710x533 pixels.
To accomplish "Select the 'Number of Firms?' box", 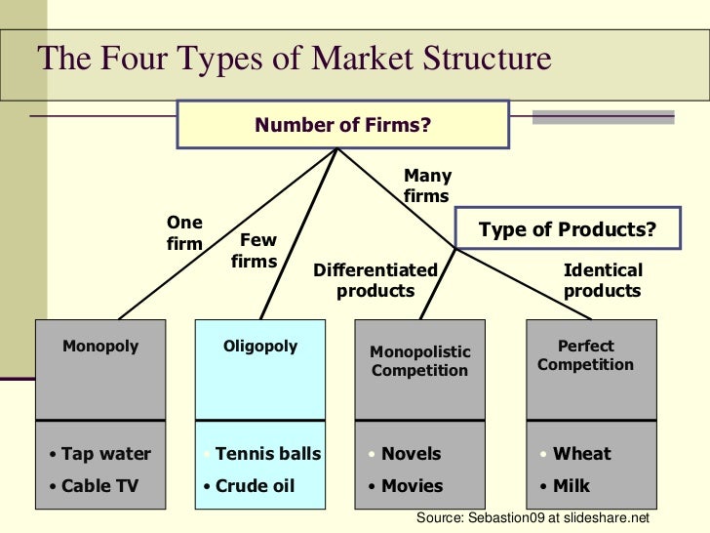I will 342,124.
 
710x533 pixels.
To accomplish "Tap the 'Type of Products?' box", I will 567,229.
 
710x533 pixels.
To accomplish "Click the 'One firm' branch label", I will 184,233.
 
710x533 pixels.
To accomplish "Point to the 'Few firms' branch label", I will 255,250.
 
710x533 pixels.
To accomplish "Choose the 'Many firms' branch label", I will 427,185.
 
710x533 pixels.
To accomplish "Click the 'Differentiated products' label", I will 375,280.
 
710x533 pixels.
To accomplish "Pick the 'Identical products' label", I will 603,280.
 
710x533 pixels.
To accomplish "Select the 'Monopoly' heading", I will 100,346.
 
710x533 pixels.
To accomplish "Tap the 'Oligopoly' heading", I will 260,346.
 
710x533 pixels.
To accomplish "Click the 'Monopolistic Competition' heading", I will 419,361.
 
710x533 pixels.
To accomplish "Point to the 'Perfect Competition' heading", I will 585,355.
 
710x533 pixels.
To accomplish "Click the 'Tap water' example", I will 105,454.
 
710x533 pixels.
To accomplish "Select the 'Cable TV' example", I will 99,485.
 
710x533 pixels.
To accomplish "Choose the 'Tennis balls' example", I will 267,454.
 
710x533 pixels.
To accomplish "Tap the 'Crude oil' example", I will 255,485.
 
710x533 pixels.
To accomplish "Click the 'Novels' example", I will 411,454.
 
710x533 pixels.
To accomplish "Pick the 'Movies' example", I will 412,485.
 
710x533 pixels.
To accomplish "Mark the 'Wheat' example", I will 581,454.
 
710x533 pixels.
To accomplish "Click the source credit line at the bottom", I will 532,517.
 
